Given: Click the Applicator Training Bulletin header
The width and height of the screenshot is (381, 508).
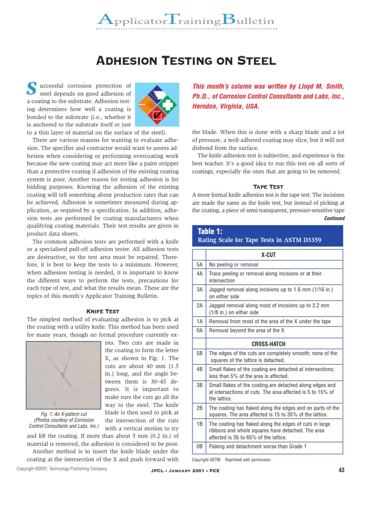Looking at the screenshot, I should tap(186, 20).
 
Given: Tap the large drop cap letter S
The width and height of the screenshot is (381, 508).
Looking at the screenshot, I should tap(31, 89).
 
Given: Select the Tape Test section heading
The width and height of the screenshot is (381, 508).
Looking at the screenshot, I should tap(268, 187).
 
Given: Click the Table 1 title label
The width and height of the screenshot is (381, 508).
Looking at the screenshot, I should tap(211, 232).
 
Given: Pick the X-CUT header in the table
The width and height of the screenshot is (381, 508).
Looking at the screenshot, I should tap(268, 254).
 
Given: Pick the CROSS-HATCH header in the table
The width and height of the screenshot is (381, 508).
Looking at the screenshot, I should tap(268, 344).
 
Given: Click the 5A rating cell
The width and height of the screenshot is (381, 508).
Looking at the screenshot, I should tap(199, 265).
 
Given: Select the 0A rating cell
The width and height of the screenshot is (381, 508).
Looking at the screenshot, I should tap(199, 330).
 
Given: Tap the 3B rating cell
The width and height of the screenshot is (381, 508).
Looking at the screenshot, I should tap(199, 385).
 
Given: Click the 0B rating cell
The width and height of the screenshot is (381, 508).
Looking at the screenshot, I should tap(199, 446).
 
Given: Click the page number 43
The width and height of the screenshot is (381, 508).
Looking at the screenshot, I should tap(341, 470).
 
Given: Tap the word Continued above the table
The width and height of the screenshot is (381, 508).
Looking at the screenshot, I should tap(333, 218).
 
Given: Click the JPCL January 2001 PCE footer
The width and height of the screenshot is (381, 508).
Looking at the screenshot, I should tap(185, 470).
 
